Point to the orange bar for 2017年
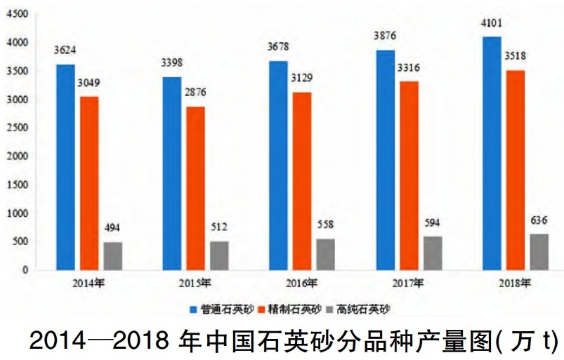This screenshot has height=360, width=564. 409,175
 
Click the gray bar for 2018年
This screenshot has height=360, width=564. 538,252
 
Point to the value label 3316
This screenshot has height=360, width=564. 409,67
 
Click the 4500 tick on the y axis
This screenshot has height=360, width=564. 18,15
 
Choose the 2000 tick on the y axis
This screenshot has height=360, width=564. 18,156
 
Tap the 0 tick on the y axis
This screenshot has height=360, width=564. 26,270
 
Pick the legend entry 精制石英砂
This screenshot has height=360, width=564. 291,309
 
